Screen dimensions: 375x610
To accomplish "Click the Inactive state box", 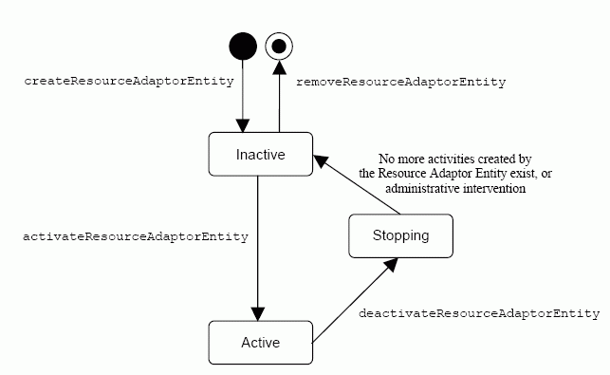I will tap(260, 154).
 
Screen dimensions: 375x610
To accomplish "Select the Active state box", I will tap(260, 342).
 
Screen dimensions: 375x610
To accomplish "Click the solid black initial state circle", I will tap(243, 46).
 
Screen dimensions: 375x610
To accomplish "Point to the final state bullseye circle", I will tap(279, 46).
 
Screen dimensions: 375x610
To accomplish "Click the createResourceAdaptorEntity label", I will tap(128, 81).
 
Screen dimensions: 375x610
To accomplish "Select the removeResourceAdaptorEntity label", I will tap(401, 83).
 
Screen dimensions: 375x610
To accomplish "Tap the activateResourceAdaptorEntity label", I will tap(136, 236).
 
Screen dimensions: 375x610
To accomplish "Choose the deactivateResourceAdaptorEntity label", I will tap(479, 312).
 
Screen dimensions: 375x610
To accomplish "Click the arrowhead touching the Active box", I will tap(258, 312).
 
